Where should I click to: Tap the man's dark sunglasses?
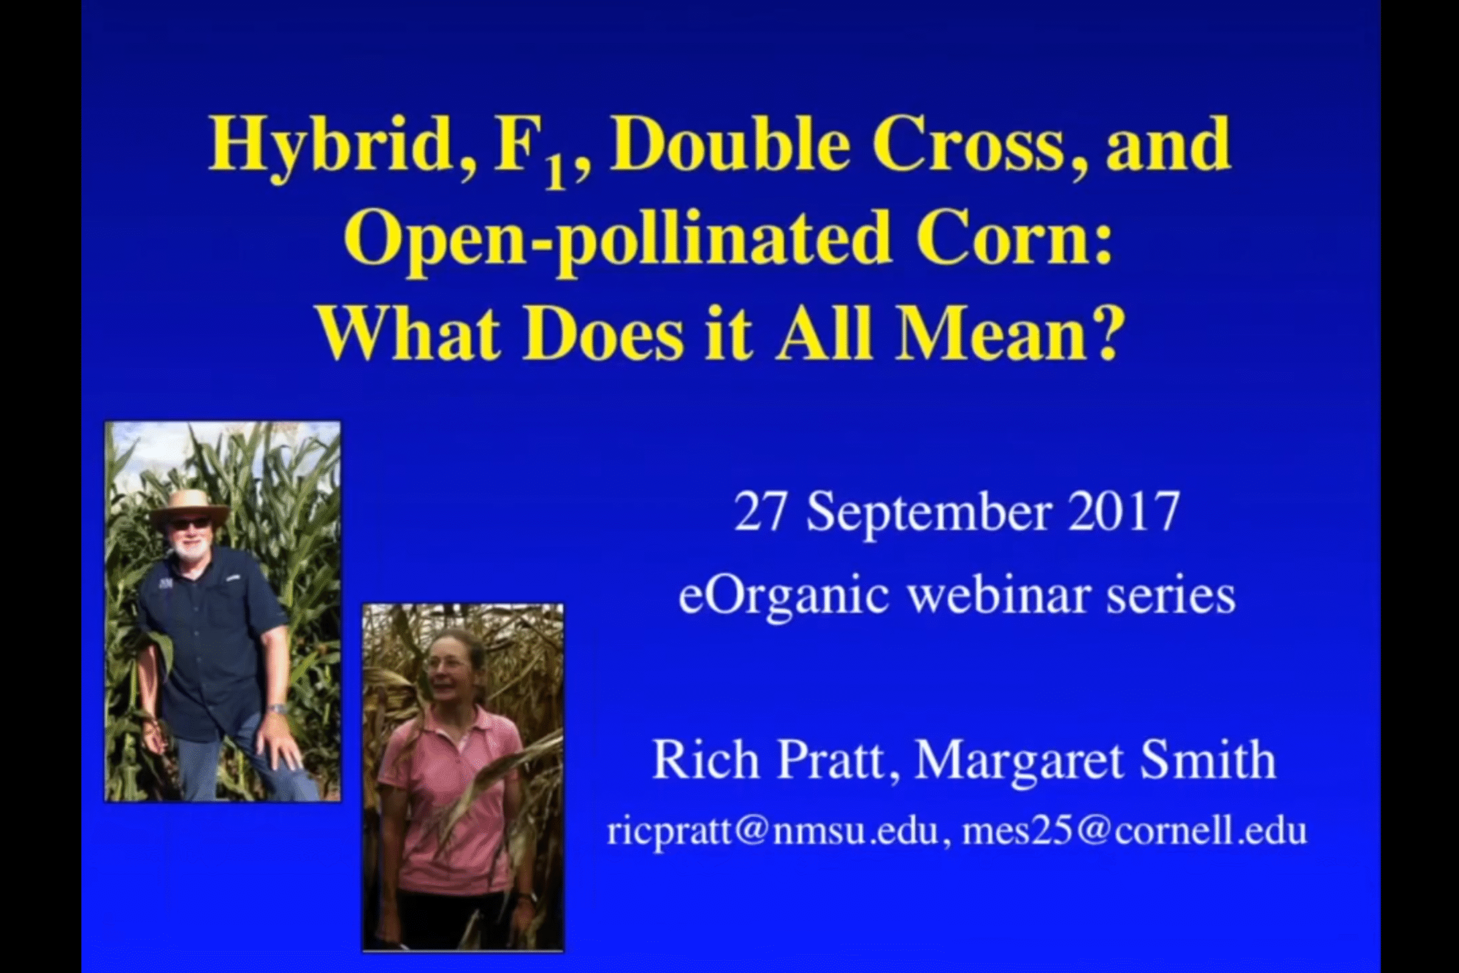pyautogui.click(x=190, y=525)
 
